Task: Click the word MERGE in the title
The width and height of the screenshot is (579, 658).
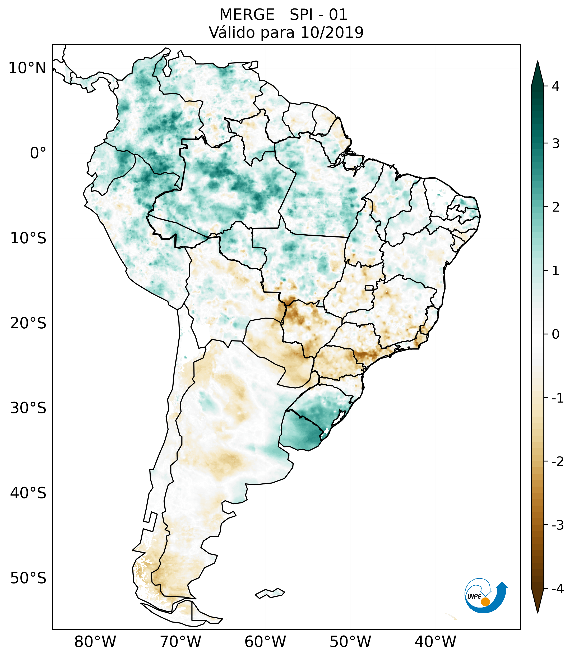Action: pos(247,15)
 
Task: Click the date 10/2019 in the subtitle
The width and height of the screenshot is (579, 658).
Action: pos(332,32)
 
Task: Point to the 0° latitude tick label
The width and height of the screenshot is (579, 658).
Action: pos(38,153)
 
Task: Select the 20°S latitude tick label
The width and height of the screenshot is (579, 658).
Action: pos(28,323)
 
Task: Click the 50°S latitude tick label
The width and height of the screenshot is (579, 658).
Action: pos(28,578)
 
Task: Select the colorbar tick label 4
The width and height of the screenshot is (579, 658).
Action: pos(555,86)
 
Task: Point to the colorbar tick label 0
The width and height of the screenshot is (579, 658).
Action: pos(555,334)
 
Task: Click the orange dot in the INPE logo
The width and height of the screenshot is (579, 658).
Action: pos(485,602)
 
